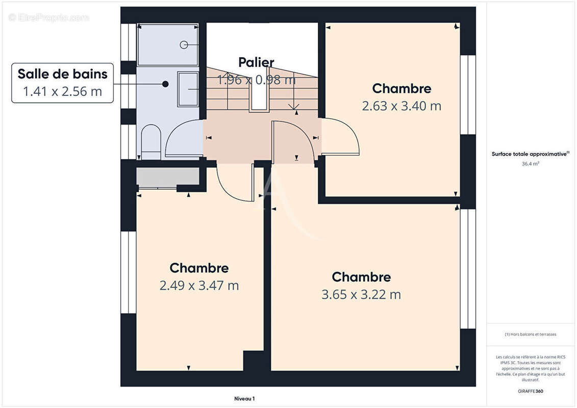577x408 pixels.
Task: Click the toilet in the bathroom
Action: pos(150,142)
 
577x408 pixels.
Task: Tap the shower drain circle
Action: pos(184,45)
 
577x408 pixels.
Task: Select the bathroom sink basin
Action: pos(188,89)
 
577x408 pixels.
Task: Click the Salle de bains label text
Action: pos(62,74)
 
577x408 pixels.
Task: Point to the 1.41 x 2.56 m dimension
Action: pos(62,91)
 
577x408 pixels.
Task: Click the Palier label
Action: pos(256,62)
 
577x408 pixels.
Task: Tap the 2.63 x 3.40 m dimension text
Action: pos(402,106)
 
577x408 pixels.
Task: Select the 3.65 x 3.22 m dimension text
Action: pos(361,294)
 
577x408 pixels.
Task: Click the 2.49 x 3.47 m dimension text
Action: pos(199,286)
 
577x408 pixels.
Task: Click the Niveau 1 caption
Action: pos(244,399)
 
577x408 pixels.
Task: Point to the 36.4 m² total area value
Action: pos(531,164)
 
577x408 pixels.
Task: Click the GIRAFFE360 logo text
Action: pos(531,391)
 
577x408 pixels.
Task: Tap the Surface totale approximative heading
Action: pos(530,154)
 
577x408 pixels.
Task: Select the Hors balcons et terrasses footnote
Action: pos(531,335)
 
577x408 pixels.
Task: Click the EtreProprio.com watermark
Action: pos(48,17)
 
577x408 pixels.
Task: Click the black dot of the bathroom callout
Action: pos(165,84)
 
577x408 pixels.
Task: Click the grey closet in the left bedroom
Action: pos(167,176)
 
